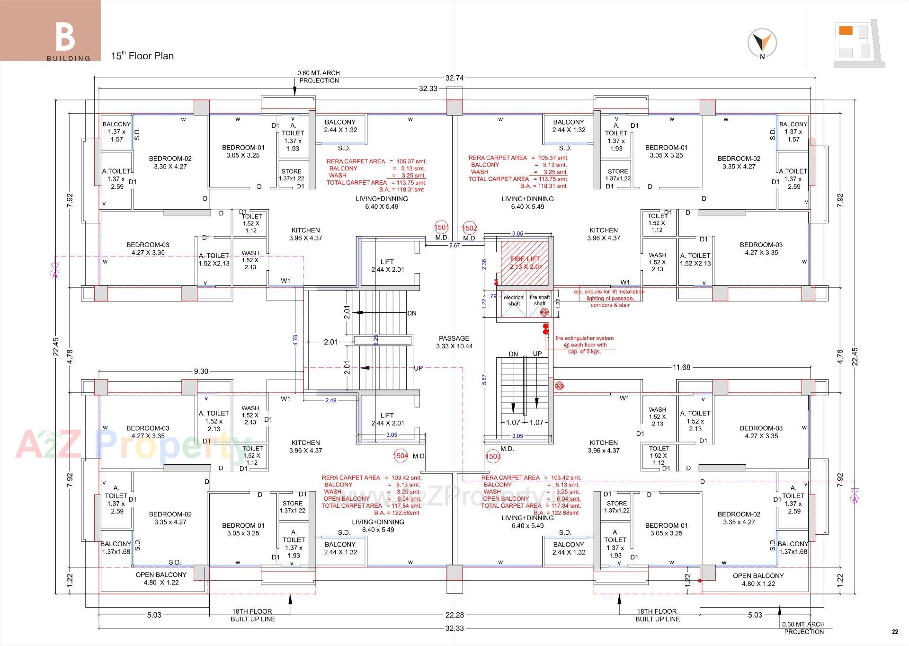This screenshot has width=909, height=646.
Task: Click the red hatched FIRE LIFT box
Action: pyautogui.click(x=525, y=263)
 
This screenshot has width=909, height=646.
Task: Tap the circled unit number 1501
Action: pyautogui.click(x=441, y=228)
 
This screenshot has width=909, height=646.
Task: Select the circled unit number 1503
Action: pyautogui.click(x=493, y=456)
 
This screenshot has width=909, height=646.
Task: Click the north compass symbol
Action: pyautogui.click(x=762, y=43)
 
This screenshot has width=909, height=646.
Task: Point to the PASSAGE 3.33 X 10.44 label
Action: pyautogui.click(x=454, y=342)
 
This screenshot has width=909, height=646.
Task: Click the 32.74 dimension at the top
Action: pyautogui.click(x=454, y=78)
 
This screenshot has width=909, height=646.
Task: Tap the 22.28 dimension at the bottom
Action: pyautogui.click(x=454, y=615)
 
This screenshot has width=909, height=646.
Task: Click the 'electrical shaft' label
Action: pyautogui.click(x=514, y=301)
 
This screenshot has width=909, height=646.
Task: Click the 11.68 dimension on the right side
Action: pyautogui.click(x=681, y=367)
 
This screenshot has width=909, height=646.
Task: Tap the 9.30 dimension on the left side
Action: pyautogui.click(x=201, y=371)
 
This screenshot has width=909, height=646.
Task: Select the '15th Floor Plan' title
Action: pyautogui.click(x=142, y=56)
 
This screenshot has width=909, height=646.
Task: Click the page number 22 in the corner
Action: pyautogui.click(x=894, y=632)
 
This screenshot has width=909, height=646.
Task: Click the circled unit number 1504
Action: pyautogui.click(x=401, y=456)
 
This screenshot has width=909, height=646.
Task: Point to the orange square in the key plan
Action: pyautogui.click(x=846, y=31)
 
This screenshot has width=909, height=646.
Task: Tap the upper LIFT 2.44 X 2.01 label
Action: pyautogui.click(x=387, y=265)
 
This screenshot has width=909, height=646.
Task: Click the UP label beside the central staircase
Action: pyautogui.click(x=418, y=368)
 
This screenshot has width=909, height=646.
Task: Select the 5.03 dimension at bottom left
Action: pyautogui.click(x=154, y=615)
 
